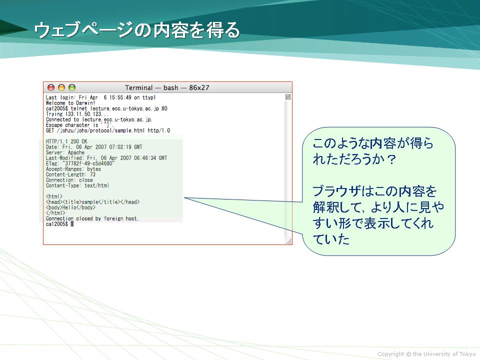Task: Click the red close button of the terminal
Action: [51, 87]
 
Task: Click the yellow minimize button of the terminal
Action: [61, 87]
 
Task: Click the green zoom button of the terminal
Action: [72, 87]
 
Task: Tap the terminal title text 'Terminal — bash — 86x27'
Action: [167, 88]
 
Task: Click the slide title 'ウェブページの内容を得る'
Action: [137, 30]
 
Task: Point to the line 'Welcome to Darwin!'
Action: [70, 103]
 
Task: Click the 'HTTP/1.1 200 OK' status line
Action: [66, 141]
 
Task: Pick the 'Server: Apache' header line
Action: [65, 152]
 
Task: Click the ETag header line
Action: [80, 163]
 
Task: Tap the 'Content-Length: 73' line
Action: [70, 174]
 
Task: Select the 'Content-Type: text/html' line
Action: [77, 185]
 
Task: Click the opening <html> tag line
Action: [54, 196]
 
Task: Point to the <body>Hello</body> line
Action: [70, 207]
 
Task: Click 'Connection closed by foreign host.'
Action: [92, 218]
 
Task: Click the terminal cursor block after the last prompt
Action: [72, 224]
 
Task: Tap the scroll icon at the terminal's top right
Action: [288, 97]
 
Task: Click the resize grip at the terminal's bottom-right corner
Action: [288, 241]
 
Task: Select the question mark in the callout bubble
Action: [391, 159]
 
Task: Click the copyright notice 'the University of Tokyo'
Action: [444, 354]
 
